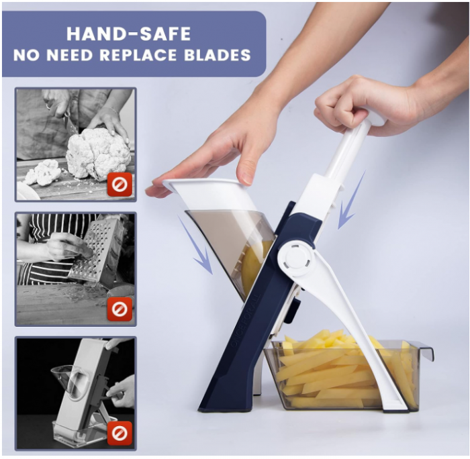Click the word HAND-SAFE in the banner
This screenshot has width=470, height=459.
(x=129, y=34)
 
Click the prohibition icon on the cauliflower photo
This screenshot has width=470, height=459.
(x=120, y=185)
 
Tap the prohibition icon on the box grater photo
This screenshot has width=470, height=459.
(x=120, y=309)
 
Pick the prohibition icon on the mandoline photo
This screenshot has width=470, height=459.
(x=120, y=433)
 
